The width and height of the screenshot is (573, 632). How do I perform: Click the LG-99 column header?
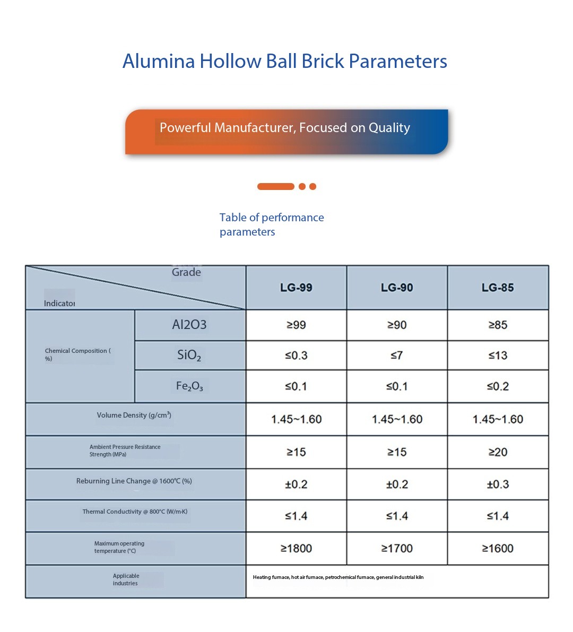[x=296, y=288]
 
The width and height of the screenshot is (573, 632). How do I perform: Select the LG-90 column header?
[x=397, y=288]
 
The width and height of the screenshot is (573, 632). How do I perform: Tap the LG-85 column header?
[x=498, y=288]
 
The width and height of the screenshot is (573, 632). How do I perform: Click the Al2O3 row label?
[x=189, y=325]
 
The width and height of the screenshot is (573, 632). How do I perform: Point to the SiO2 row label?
[x=189, y=356]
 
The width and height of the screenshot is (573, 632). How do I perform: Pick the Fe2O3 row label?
[x=189, y=386]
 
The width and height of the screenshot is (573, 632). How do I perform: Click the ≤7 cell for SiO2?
[x=397, y=356]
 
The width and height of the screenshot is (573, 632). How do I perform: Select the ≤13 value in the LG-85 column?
[x=498, y=356]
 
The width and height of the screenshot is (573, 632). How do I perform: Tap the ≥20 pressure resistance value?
[x=498, y=452]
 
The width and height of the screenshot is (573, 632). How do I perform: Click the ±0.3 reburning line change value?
[x=498, y=484]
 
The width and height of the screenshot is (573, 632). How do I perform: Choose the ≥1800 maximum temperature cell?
[x=296, y=548]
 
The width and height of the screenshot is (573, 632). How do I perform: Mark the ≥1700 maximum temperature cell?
[x=397, y=548]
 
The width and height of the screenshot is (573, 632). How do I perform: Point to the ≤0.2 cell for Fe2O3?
[x=498, y=386]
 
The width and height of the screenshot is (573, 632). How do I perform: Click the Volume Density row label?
[x=134, y=415]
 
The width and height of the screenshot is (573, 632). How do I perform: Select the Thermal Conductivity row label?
[x=135, y=512]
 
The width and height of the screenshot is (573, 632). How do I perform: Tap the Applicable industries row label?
[x=126, y=579]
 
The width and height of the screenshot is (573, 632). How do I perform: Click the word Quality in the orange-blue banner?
[x=389, y=128]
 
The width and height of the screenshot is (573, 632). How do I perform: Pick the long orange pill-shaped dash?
[x=275, y=186]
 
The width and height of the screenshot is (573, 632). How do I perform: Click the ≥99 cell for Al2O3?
[x=296, y=325]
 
